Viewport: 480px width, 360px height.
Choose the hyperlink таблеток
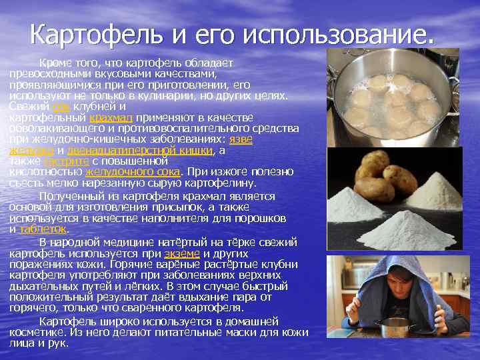pyautogui.click(x=43, y=228)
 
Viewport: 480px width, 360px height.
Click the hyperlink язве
pyautogui.click(x=240, y=139)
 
